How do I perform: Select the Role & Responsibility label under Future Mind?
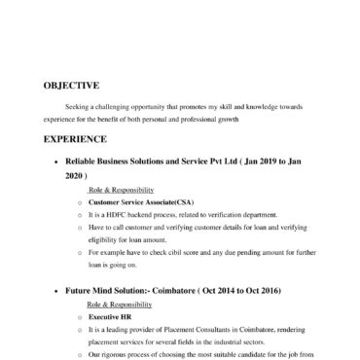115,304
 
